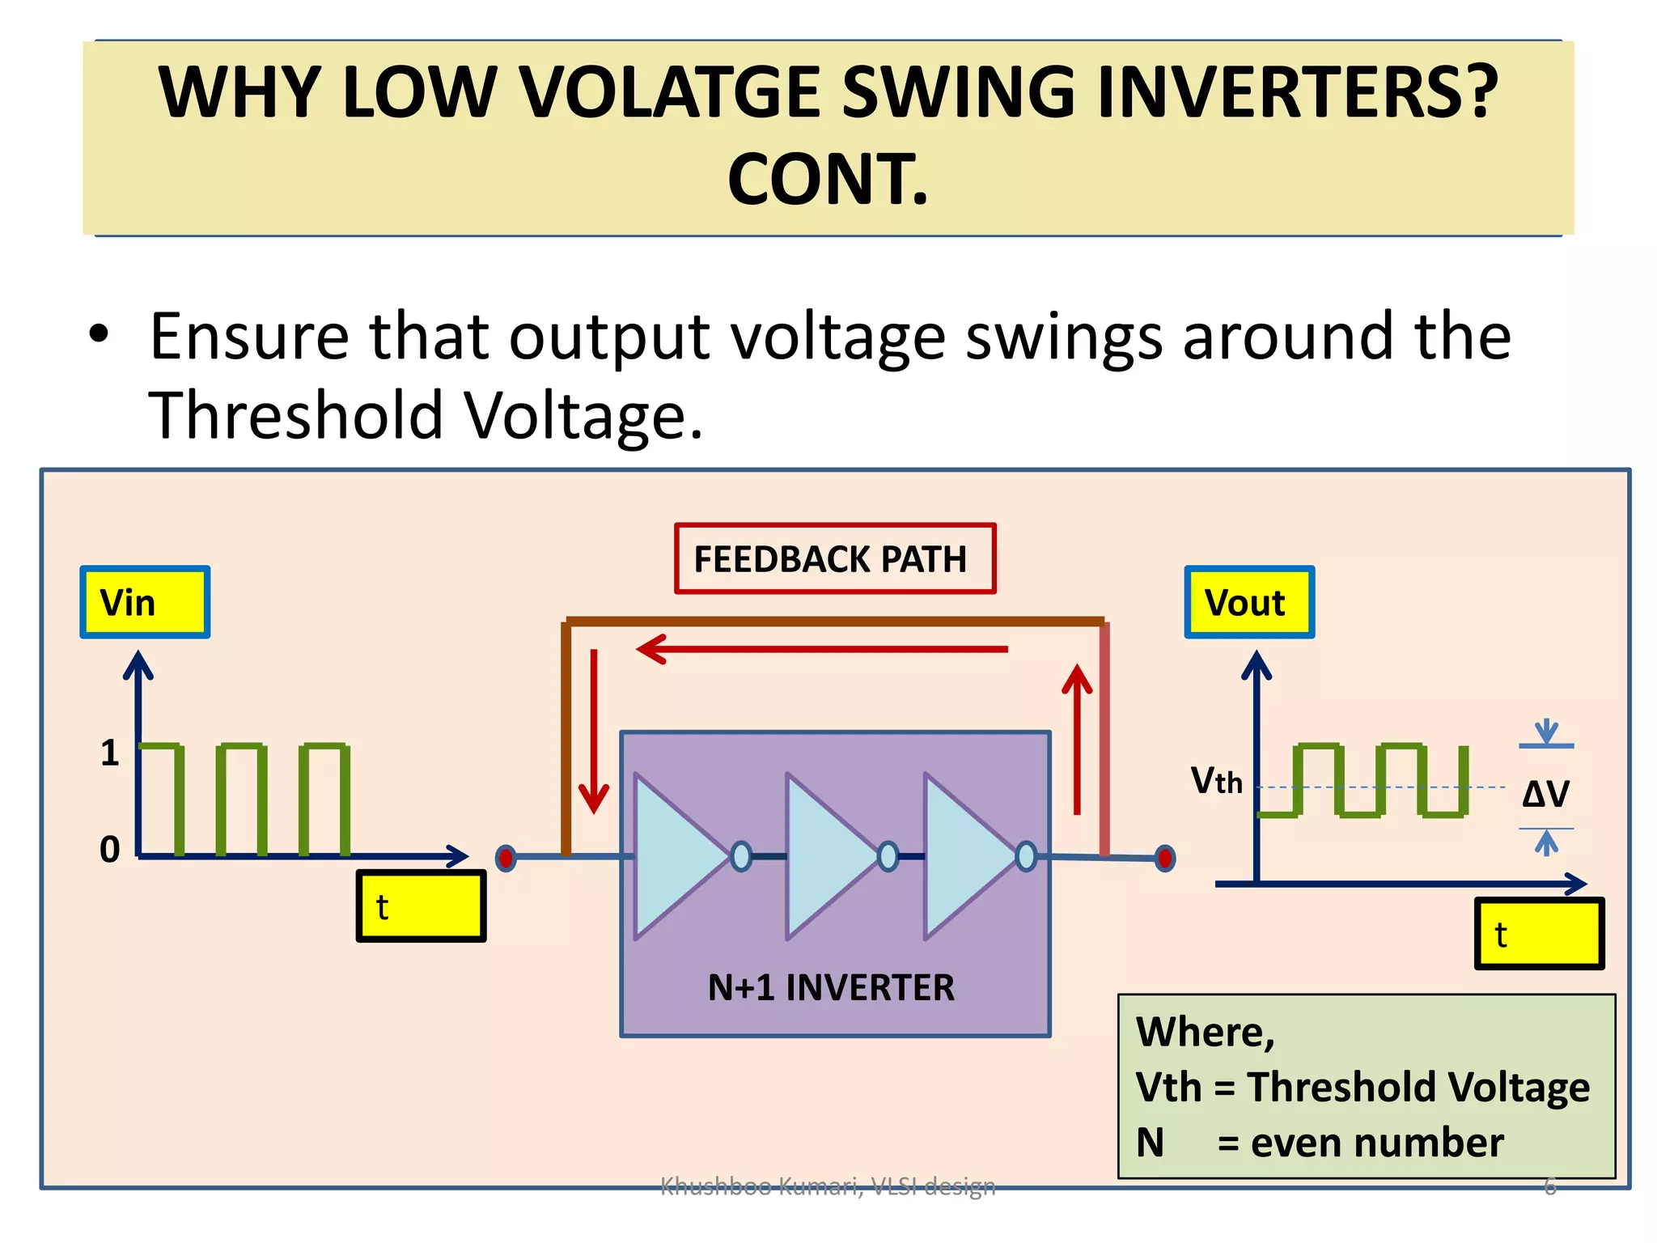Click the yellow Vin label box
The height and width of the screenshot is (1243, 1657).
coord(145,603)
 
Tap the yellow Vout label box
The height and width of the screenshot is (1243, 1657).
coord(1249,603)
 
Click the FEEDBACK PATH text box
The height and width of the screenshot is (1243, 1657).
coord(834,559)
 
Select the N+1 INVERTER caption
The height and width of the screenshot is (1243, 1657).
coord(831,988)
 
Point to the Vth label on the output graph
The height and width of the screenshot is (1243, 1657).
coord(1215,781)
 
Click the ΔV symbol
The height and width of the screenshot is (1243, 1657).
coord(1545,794)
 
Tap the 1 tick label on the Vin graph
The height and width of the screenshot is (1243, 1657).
coord(110,753)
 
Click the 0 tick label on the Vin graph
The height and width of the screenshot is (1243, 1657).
coord(110,850)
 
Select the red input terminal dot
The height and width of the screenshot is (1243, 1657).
coord(506,858)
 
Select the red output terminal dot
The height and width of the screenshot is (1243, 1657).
coord(1165,858)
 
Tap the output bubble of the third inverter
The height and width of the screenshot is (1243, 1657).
coord(1026,856)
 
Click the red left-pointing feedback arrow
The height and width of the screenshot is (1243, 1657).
coord(821,649)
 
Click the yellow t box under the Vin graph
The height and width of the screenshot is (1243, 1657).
coord(421,906)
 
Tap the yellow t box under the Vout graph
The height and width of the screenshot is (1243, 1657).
coord(1539,934)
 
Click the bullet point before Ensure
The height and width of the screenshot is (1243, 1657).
coord(98,335)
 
